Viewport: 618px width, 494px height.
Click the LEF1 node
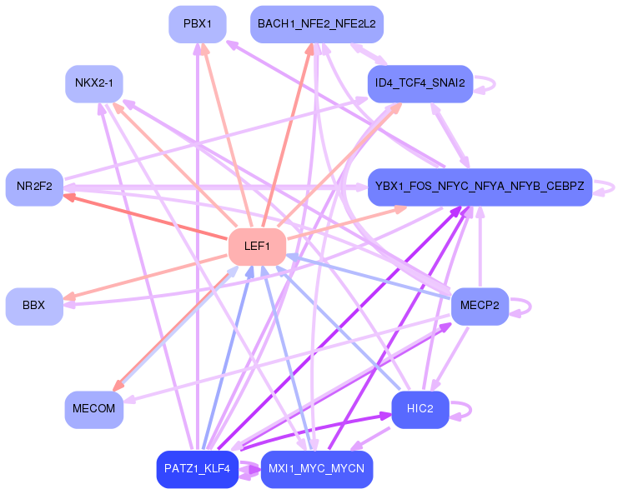258,247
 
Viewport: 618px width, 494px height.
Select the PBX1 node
198,24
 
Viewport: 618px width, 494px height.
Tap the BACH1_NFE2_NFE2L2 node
317,24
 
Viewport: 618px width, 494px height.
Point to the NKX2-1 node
93,83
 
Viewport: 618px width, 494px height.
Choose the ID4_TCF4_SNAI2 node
420,83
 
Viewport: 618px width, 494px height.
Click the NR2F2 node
34,187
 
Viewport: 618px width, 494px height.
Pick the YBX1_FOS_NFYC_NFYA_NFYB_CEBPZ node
480,187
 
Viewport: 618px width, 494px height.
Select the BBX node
34,306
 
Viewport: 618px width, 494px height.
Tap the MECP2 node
480,306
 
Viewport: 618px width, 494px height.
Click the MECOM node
93,409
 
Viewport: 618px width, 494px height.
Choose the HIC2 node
420,409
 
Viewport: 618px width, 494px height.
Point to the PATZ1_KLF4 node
198,469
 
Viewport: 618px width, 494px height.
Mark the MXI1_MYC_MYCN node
317,469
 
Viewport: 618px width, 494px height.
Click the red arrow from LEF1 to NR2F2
145,217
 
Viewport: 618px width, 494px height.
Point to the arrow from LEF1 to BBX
145,277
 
